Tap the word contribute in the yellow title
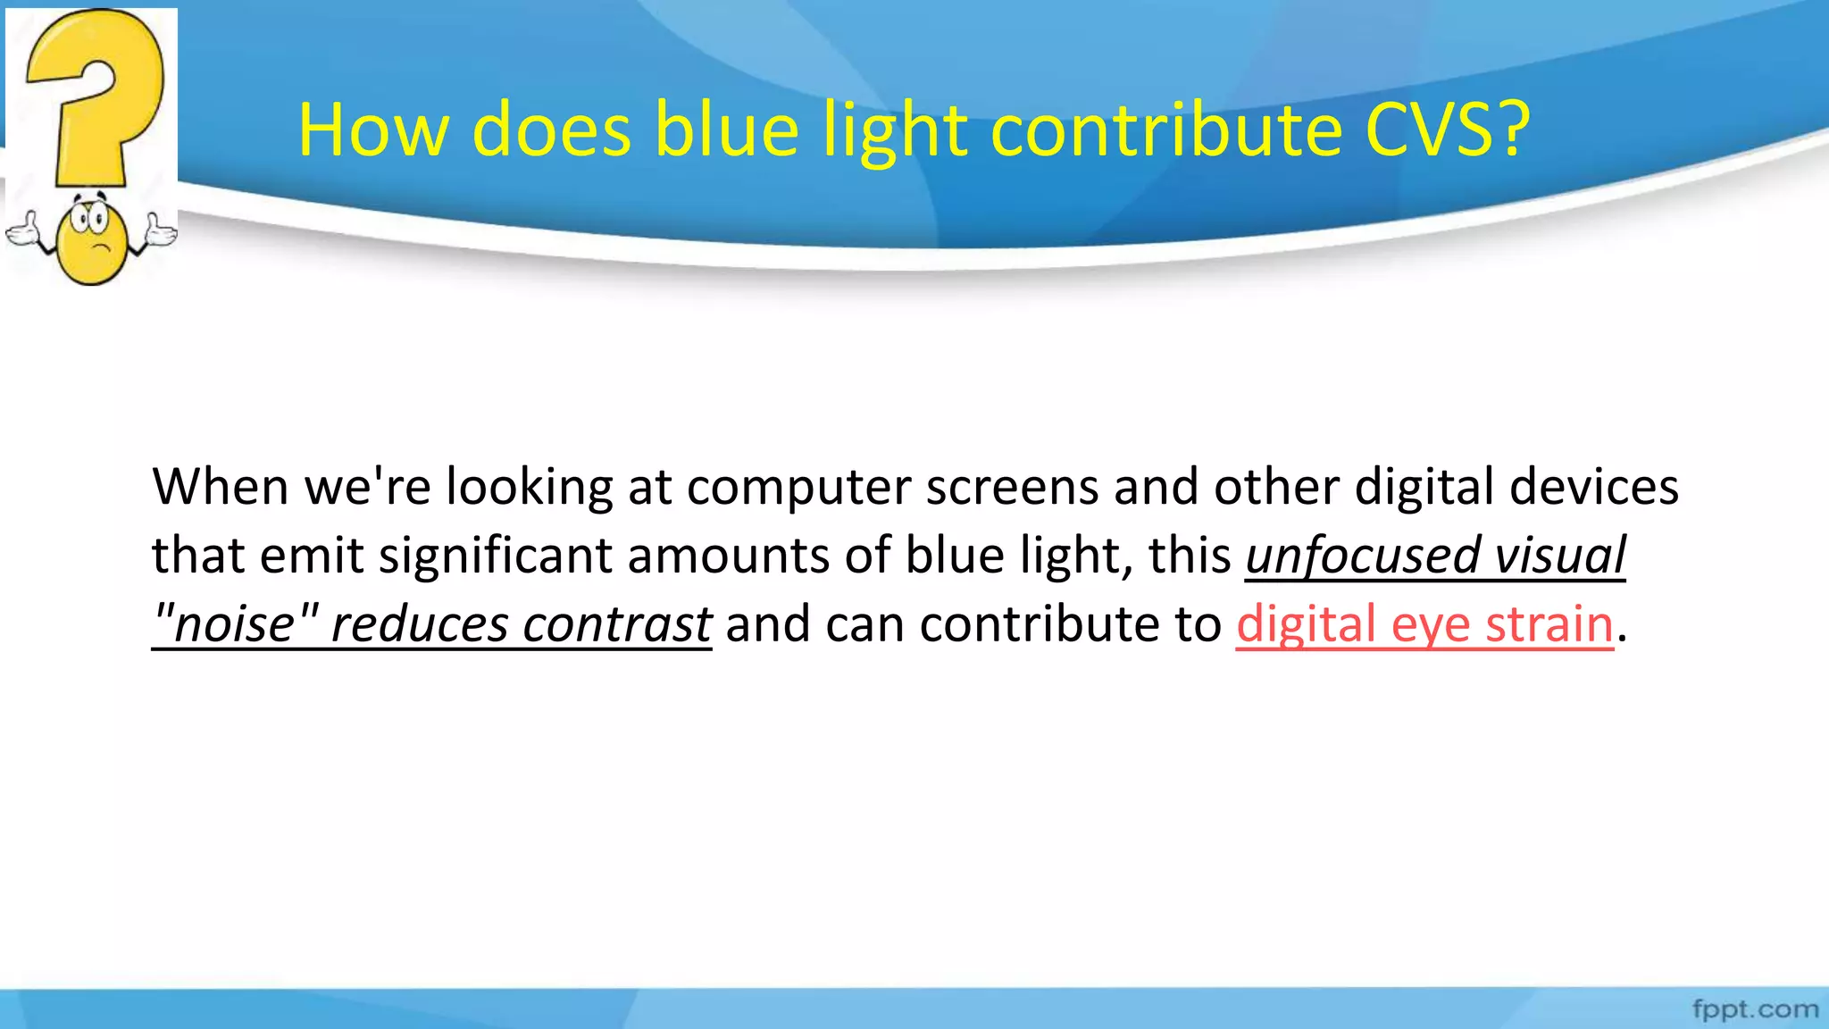(x=1166, y=130)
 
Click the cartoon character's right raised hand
(x=161, y=230)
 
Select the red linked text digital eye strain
(x=1424, y=623)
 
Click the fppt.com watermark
(x=1755, y=1009)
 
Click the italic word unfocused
(x=1363, y=556)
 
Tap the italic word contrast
(x=617, y=623)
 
